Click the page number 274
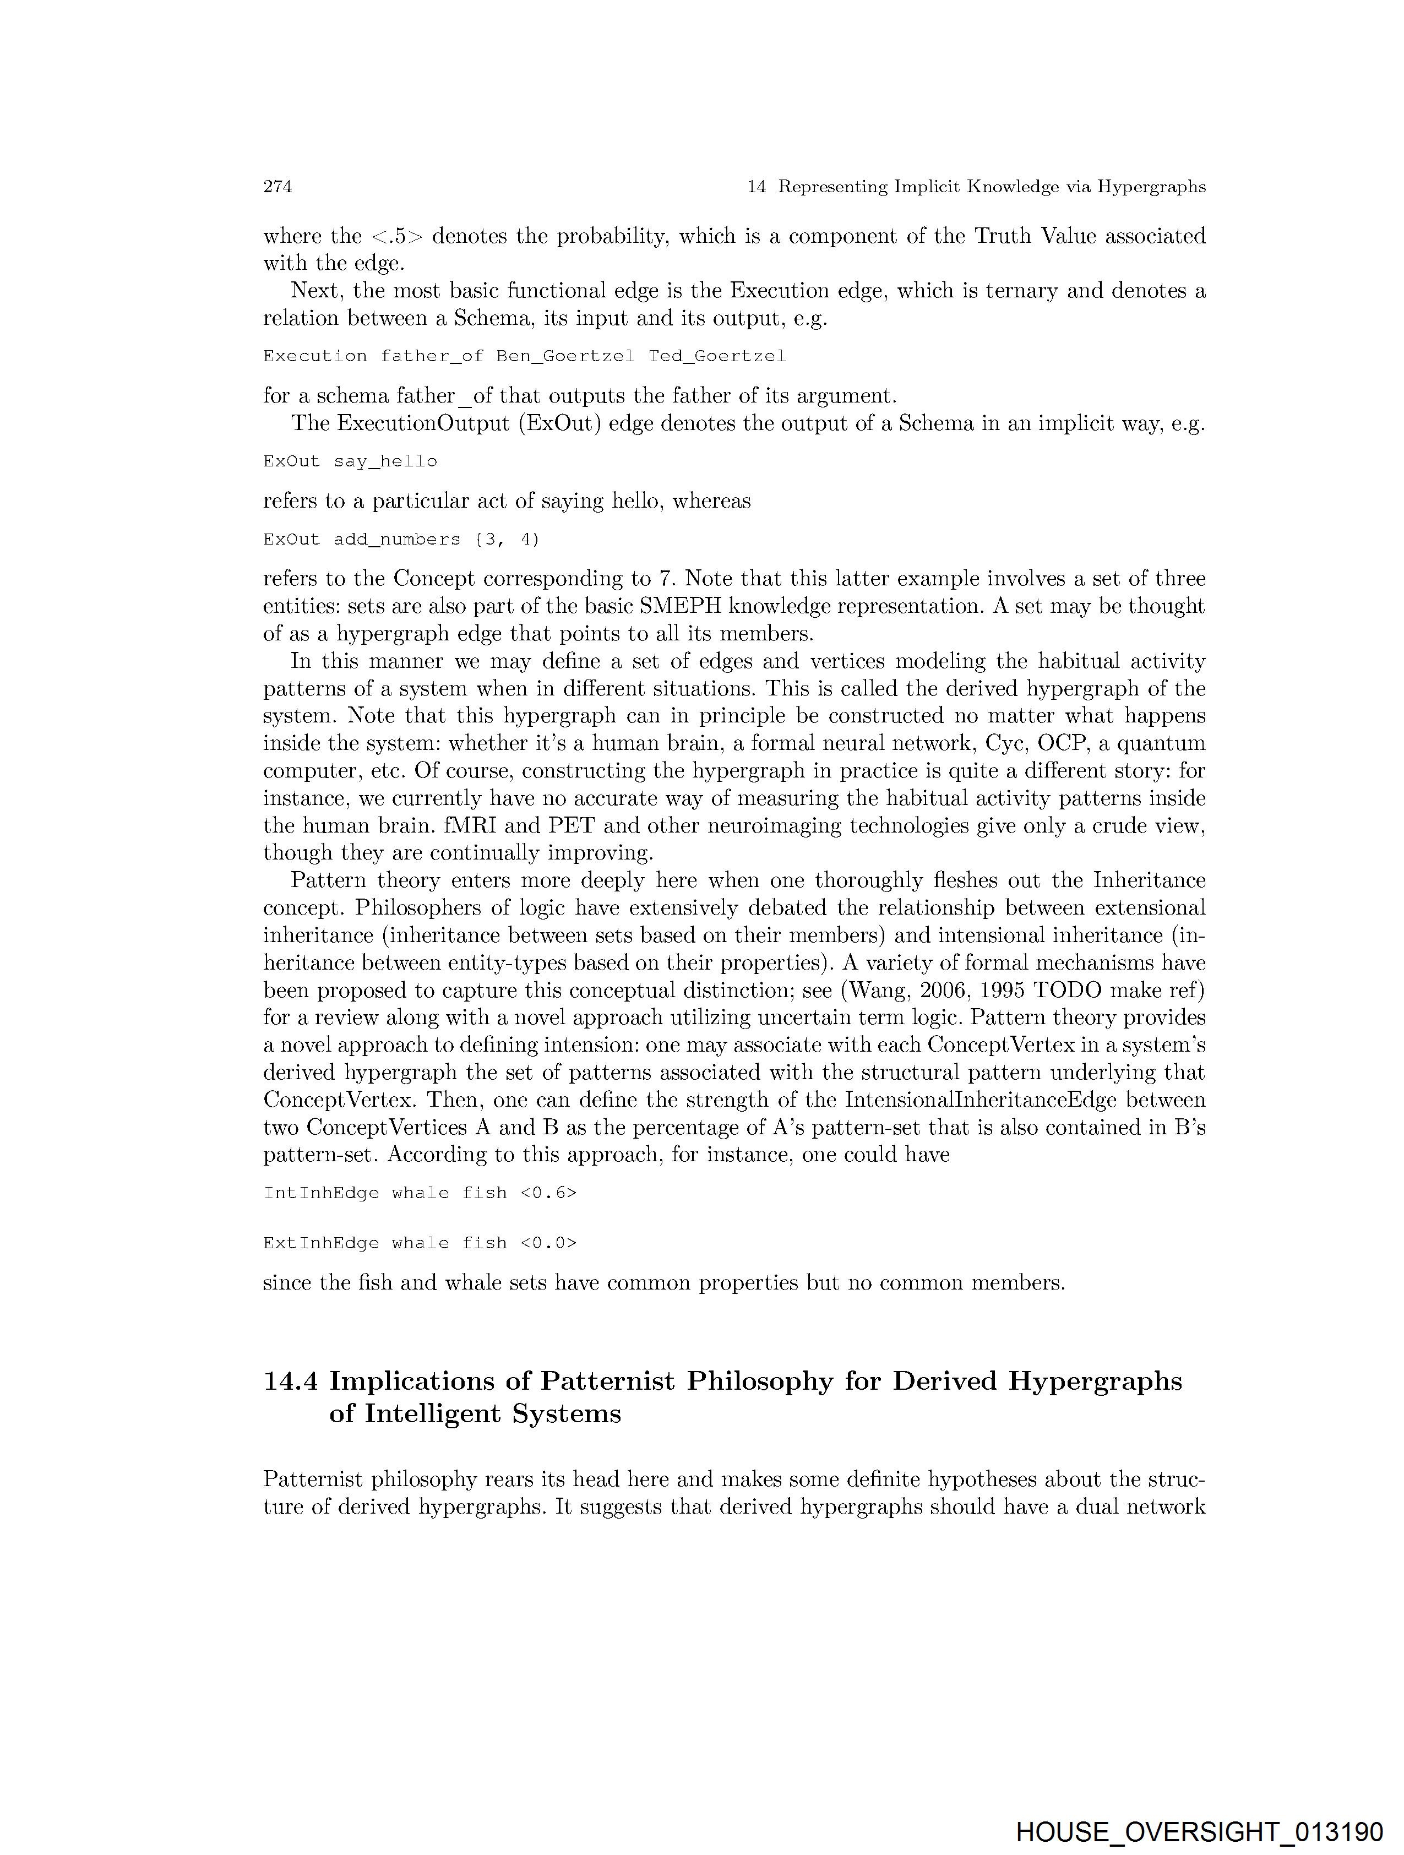click(277, 187)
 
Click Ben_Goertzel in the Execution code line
click(565, 356)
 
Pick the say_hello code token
click(385, 462)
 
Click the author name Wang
click(875, 991)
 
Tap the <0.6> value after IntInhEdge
click(548, 1193)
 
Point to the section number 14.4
click(290, 1381)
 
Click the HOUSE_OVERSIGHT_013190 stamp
click(1199, 1831)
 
